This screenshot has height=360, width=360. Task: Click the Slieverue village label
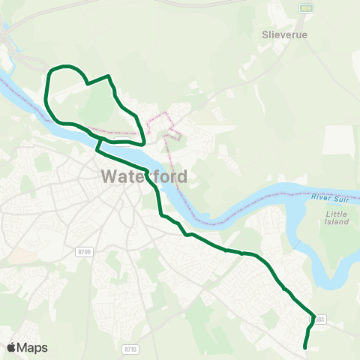281,34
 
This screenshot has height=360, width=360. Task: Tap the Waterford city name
143,178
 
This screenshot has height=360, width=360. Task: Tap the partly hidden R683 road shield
320,319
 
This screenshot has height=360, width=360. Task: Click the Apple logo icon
12,347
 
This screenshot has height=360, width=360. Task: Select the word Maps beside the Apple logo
33,347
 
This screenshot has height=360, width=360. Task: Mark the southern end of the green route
304,347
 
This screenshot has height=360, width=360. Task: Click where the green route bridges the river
98,144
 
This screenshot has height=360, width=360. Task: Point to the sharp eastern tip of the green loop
143,142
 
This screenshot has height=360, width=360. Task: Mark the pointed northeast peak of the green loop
109,76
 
